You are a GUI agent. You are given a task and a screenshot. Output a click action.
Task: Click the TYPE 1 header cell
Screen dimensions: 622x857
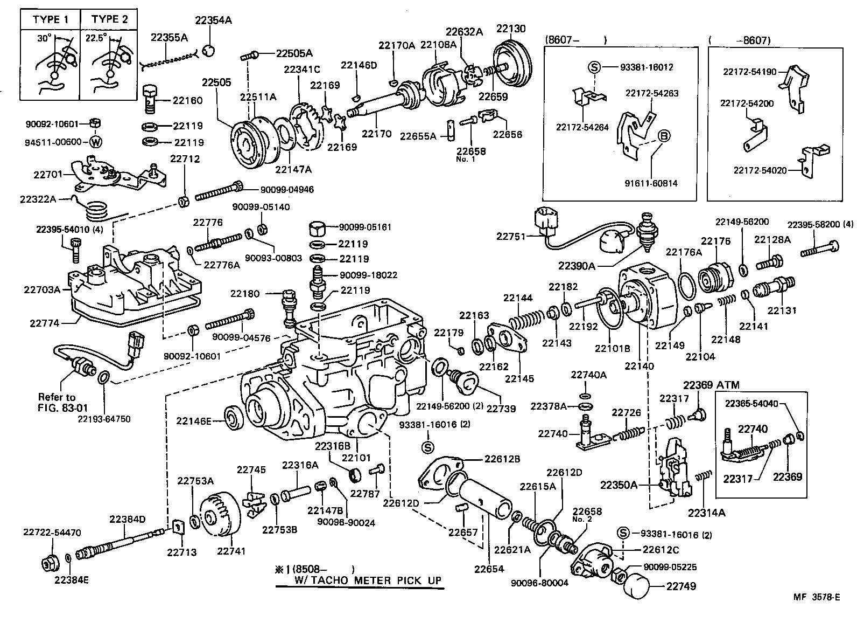[x=50, y=19]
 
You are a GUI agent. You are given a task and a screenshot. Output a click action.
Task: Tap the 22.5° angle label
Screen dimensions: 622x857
[x=95, y=38]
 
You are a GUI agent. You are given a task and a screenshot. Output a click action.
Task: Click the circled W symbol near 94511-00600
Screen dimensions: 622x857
[x=95, y=142]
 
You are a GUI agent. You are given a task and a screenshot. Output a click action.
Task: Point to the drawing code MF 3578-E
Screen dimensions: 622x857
[x=816, y=597]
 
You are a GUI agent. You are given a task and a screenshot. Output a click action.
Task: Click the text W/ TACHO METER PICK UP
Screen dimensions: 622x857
[x=368, y=580]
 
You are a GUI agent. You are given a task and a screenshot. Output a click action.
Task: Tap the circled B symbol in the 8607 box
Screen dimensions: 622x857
[x=663, y=136]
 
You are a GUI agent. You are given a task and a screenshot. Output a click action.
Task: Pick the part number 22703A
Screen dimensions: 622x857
[x=42, y=289]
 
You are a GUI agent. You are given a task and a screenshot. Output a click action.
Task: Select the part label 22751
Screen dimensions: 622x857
[x=512, y=236]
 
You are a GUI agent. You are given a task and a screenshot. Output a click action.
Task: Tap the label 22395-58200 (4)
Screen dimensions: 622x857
[x=820, y=224]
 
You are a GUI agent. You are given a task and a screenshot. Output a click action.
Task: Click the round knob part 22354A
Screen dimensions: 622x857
[x=210, y=50]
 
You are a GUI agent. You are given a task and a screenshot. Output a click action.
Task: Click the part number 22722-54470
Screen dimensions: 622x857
[x=52, y=533]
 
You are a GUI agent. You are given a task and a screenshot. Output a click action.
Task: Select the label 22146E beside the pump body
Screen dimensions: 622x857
[x=194, y=421]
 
